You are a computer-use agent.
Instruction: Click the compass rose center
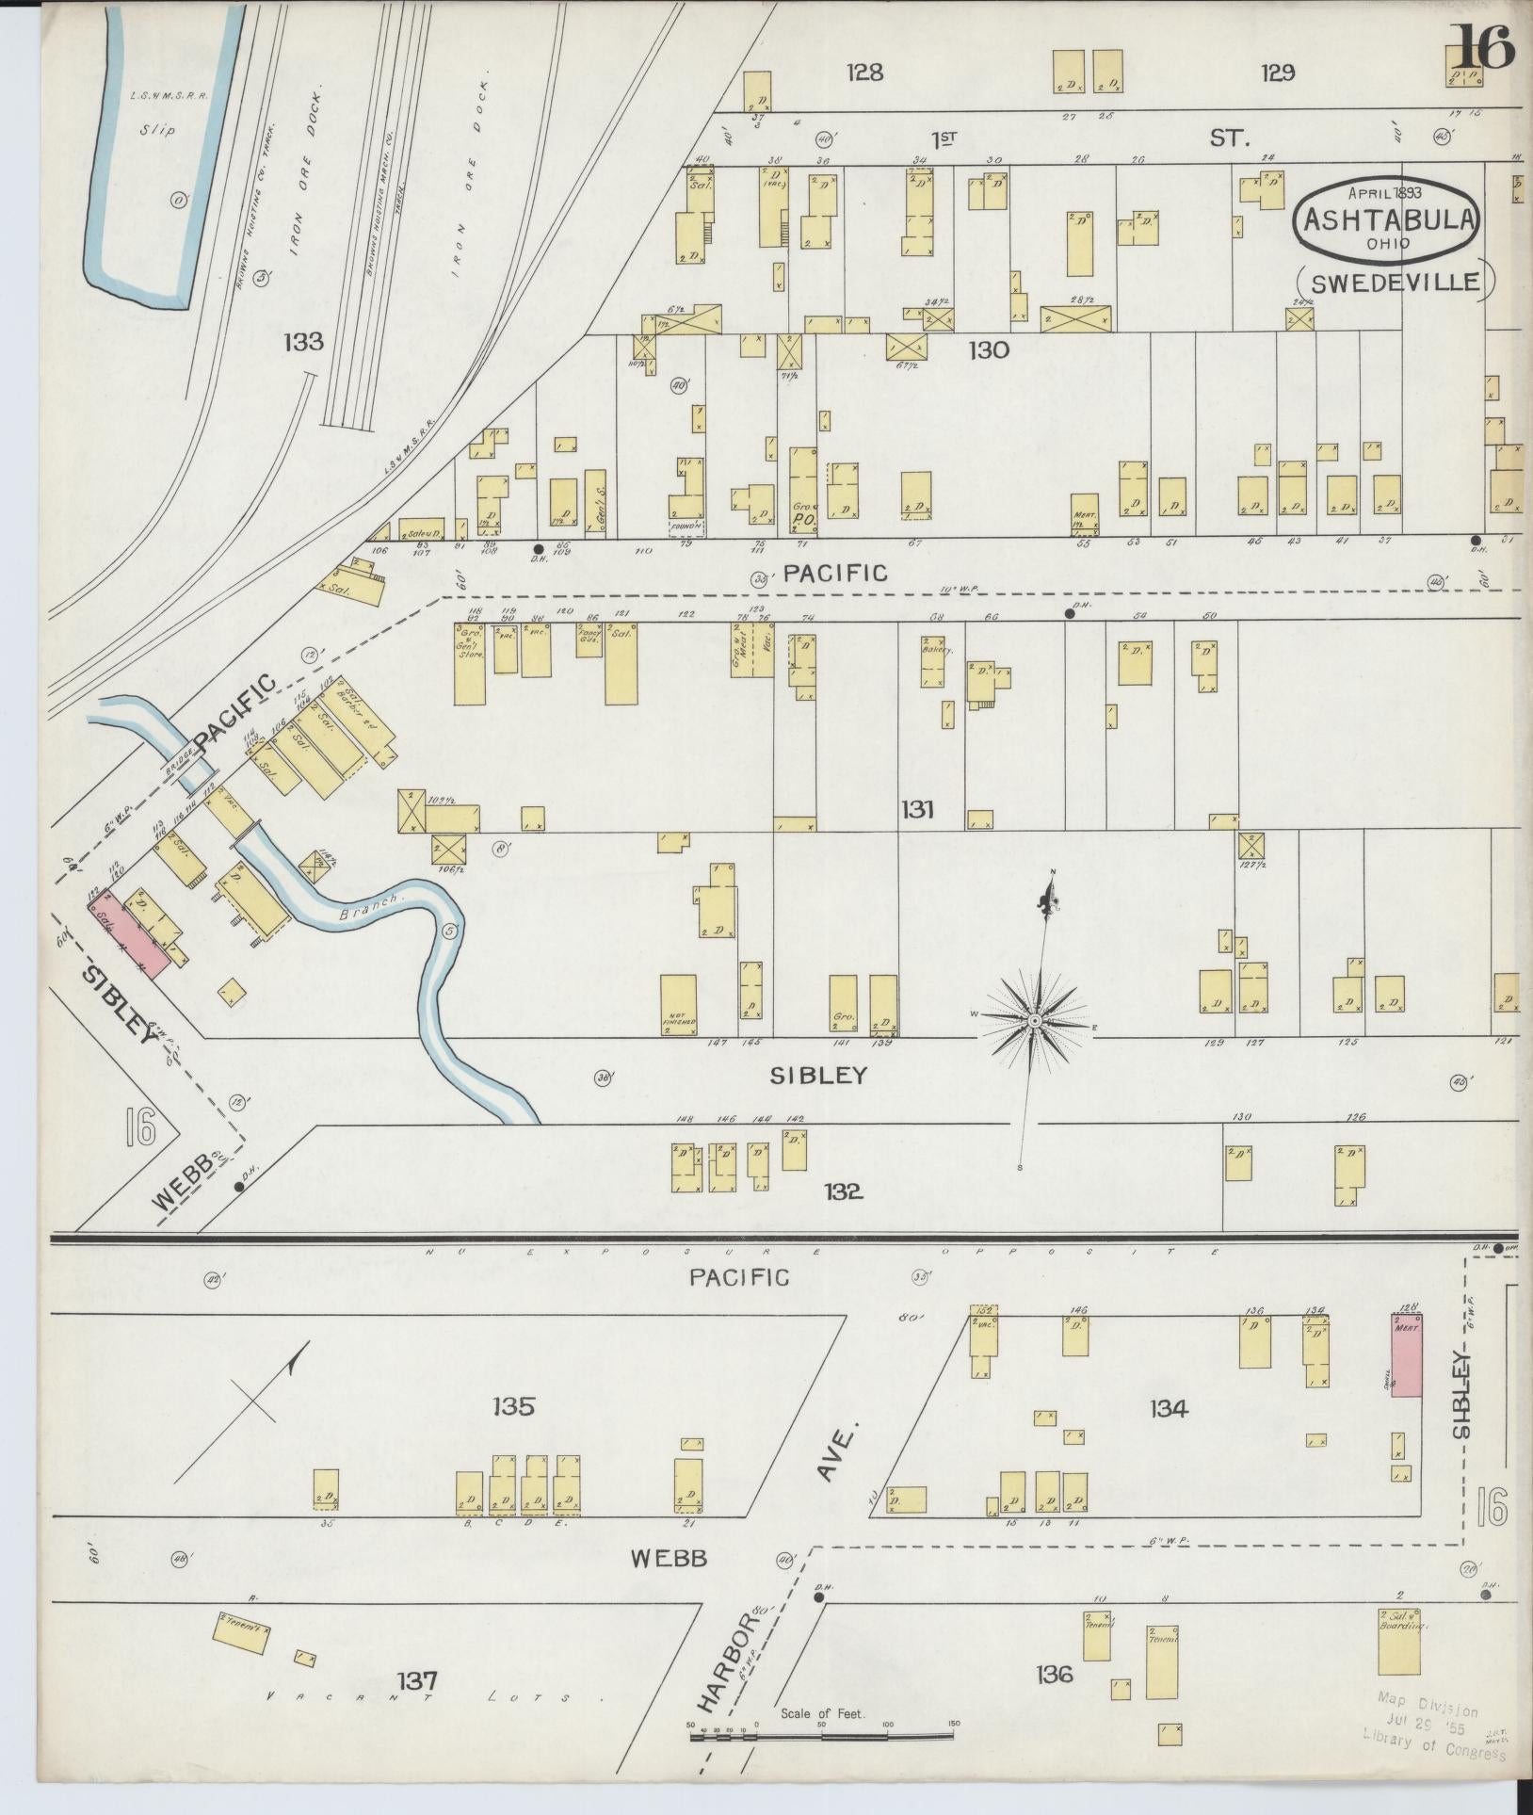[1034, 1021]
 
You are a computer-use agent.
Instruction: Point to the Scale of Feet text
[821, 1715]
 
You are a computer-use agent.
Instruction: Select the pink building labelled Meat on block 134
[1407, 1355]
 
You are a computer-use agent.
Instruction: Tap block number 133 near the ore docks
[302, 342]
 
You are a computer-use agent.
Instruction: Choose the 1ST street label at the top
[944, 139]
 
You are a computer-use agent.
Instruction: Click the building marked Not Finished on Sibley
[678, 1005]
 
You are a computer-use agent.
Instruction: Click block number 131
[916, 809]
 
